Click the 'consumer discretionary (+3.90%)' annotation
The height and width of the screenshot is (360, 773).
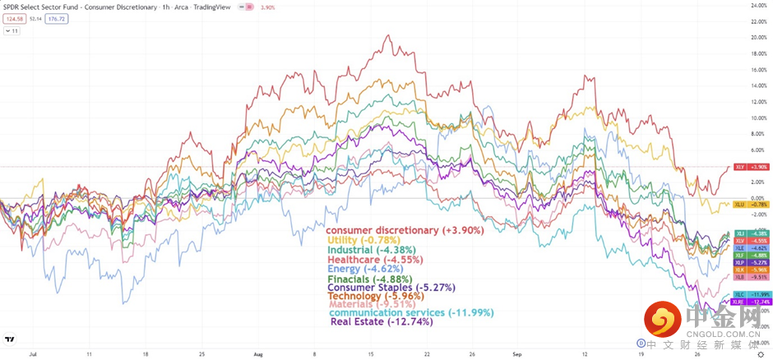point(405,231)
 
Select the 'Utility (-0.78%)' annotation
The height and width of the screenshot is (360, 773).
point(363,240)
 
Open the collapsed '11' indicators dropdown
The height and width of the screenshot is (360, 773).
point(13,31)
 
